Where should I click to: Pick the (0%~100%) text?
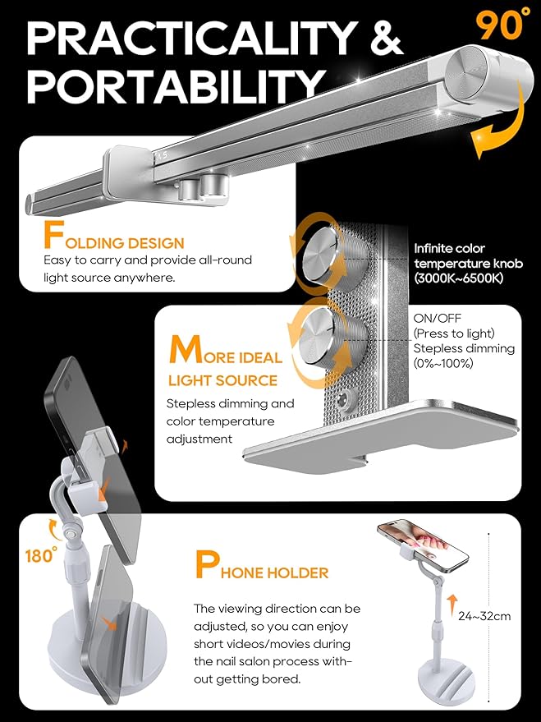point(443,364)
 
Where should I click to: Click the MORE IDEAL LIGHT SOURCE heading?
point(226,362)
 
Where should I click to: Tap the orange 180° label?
point(41,554)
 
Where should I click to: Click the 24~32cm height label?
point(484,616)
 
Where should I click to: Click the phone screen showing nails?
point(422,543)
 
